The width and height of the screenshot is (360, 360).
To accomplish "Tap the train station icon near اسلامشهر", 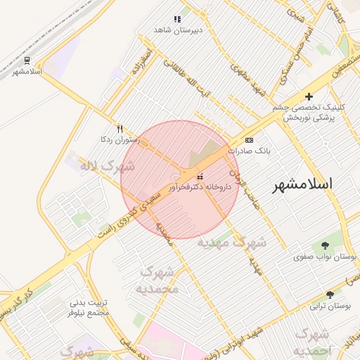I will point(27,60).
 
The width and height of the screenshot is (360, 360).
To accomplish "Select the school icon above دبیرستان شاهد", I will point(177,19).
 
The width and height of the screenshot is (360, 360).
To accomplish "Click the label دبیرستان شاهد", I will point(178,30).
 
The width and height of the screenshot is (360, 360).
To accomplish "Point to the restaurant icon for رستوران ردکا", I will point(120,129).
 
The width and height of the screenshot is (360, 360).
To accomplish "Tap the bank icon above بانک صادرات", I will point(249,140).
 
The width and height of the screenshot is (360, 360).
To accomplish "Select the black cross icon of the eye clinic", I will point(308,96).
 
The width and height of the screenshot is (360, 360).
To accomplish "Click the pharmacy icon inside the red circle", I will point(200,176).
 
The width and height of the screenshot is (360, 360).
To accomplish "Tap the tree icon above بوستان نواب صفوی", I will point(325,245).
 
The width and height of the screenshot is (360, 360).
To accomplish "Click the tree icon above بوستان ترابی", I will point(330,295).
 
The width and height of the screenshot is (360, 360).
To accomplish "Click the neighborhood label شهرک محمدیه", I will point(160,280).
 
